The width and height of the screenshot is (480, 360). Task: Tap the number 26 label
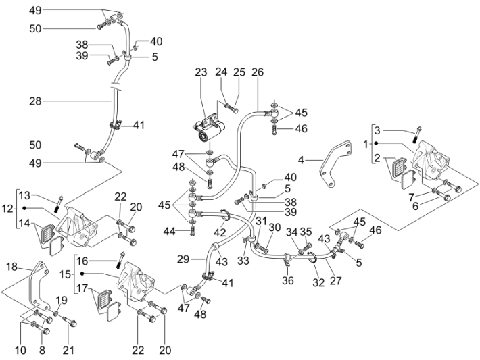click(257, 73)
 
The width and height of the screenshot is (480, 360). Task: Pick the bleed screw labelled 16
click(123, 257)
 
